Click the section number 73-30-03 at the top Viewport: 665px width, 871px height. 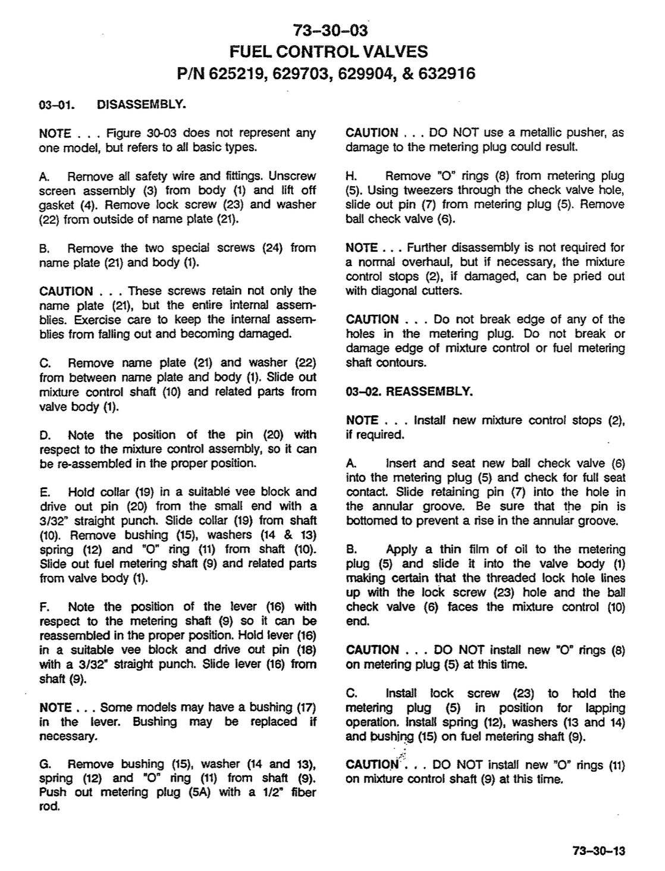coord(331,30)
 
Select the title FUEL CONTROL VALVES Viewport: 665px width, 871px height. coord(331,51)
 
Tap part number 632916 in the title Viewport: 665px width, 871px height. coord(441,74)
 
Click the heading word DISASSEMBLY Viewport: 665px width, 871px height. coord(142,105)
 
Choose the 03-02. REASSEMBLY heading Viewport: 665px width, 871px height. coord(409,391)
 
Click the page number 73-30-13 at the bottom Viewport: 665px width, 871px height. coord(599,851)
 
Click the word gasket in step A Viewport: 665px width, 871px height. coord(57,205)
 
